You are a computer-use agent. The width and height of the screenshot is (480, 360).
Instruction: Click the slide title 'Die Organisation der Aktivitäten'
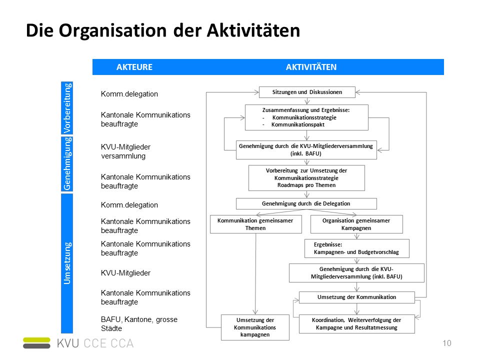click(x=163, y=30)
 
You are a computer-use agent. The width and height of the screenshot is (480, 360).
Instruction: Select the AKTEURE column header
click(x=134, y=67)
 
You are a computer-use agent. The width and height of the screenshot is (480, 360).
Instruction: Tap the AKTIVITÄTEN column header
click(x=311, y=67)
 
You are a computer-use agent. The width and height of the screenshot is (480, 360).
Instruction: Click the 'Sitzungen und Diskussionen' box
click(x=307, y=92)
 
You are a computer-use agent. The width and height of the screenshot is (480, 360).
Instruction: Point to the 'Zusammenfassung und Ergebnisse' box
click(x=306, y=117)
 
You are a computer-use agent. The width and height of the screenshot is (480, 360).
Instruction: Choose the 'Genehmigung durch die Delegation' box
click(x=306, y=203)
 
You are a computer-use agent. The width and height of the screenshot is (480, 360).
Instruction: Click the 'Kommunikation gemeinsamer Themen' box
click(x=255, y=224)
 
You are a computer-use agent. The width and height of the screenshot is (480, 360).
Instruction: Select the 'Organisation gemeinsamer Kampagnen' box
click(x=356, y=224)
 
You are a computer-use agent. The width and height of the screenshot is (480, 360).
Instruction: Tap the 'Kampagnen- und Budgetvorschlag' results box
click(x=356, y=248)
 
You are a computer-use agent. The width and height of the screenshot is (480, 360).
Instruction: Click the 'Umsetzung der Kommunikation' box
click(x=356, y=297)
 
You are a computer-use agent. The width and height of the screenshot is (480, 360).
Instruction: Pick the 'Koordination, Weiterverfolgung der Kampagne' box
click(x=356, y=324)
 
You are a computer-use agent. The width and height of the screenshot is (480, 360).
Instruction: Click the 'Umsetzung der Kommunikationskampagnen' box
click(x=255, y=327)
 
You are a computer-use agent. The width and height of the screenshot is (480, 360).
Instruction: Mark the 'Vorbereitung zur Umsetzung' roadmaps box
click(x=306, y=178)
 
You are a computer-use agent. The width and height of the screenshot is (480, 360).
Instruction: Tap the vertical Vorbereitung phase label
click(x=67, y=108)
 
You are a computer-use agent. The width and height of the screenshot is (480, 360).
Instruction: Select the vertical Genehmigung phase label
click(x=67, y=164)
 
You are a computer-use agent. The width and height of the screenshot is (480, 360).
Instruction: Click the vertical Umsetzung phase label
click(x=67, y=263)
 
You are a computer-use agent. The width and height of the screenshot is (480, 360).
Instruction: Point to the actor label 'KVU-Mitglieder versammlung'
click(x=125, y=151)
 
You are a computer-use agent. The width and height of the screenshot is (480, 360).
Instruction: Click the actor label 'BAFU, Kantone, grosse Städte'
click(x=139, y=324)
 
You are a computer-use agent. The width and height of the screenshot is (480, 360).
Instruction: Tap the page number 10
click(x=447, y=343)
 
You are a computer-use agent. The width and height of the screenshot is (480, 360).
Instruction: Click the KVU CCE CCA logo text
click(x=95, y=343)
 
